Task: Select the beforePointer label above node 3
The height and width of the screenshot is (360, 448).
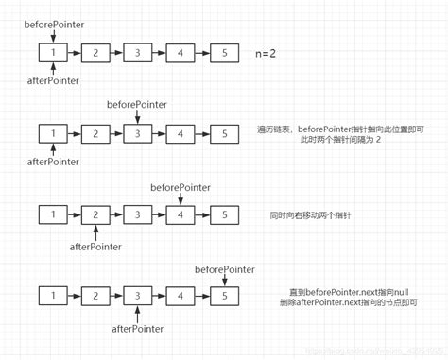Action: coord(138,102)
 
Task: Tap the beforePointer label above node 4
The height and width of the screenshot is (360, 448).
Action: coord(181,188)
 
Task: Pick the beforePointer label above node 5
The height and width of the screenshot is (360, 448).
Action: coord(223,269)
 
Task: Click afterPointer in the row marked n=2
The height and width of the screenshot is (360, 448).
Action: coord(53,80)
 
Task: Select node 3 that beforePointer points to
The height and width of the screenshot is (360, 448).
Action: coord(138,133)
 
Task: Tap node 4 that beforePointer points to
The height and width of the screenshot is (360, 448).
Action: coord(181,215)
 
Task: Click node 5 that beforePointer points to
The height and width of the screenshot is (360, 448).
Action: coord(223,297)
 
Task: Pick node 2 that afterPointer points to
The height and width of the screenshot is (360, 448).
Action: coord(96,215)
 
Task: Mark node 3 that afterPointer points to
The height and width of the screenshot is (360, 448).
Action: coord(138,297)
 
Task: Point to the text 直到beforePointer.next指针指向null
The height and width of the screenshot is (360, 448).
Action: coord(351,292)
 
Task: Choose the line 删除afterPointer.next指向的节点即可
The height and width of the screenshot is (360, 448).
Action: coord(351,303)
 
